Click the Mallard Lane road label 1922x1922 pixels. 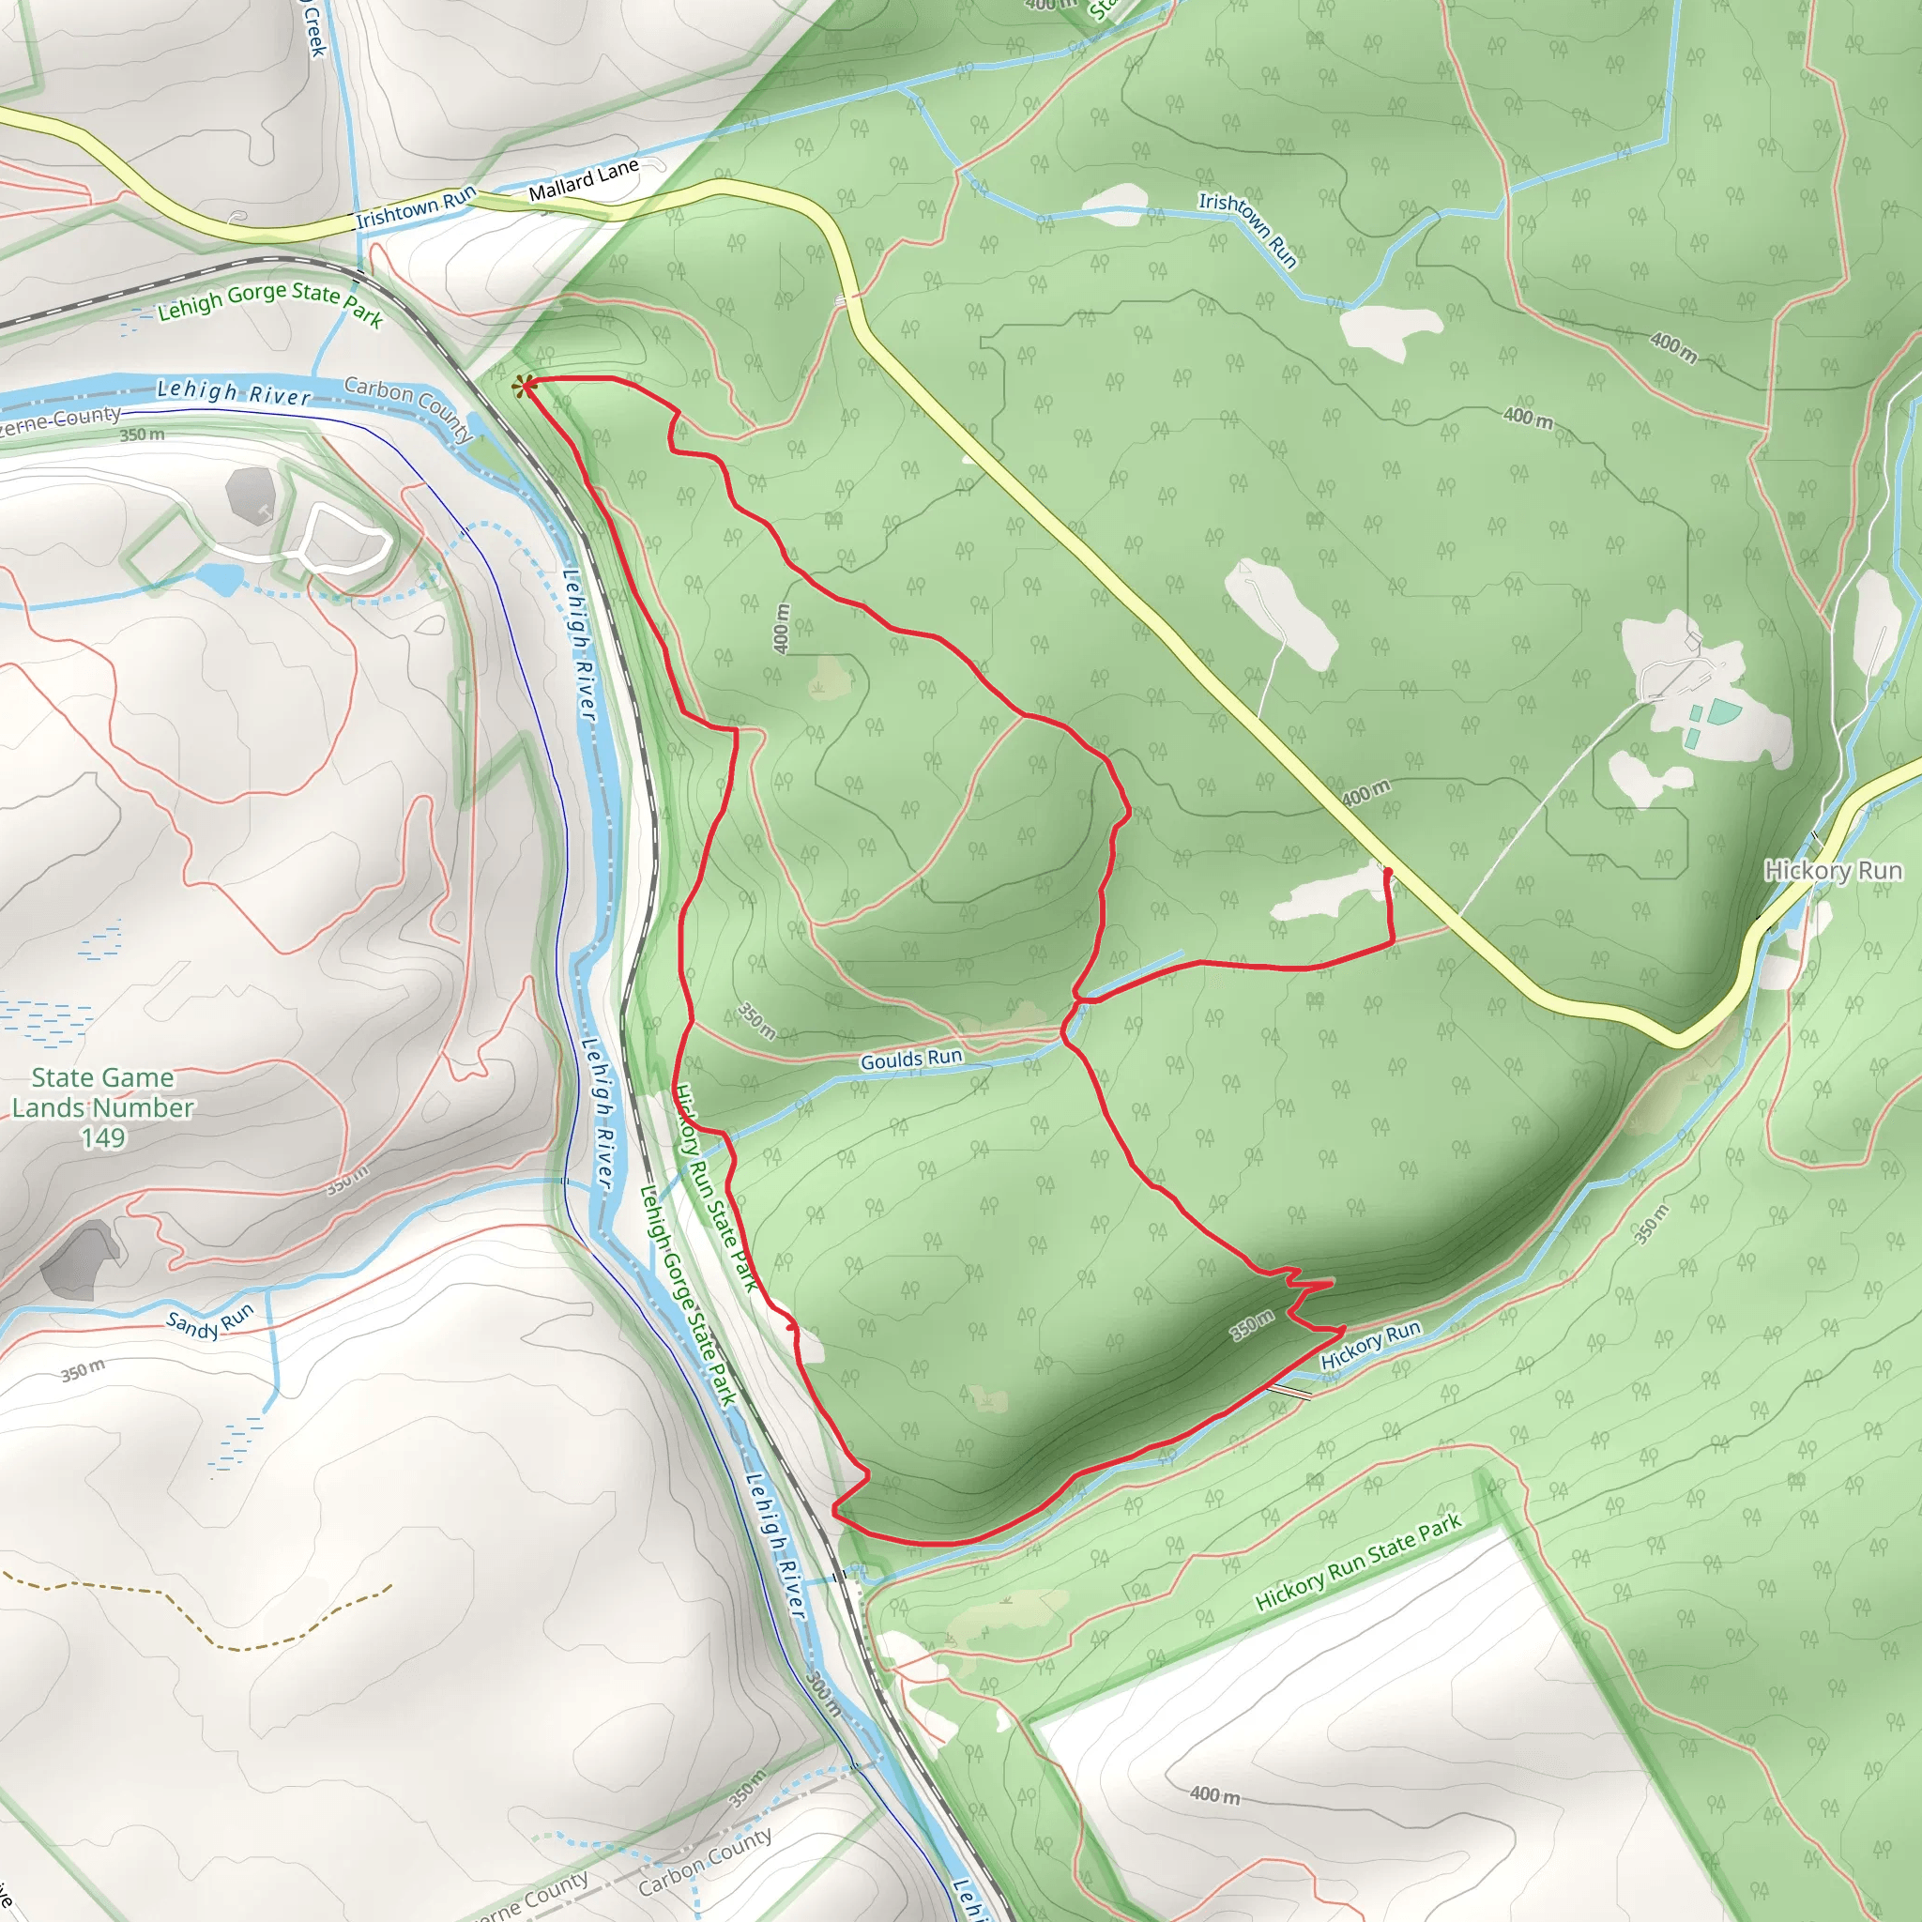click(583, 180)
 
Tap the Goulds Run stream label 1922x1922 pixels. click(911, 1060)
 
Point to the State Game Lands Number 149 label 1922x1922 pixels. click(102, 1107)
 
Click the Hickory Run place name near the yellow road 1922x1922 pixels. click(1833, 871)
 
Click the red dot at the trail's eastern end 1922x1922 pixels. click(1388, 872)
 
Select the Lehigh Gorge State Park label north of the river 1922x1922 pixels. click(269, 300)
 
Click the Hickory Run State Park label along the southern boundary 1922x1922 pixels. click(1358, 1561)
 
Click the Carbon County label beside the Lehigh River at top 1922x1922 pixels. click(409, 408)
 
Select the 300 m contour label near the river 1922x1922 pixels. click(824, 1694)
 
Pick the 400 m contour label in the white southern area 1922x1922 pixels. click(1214, 1794)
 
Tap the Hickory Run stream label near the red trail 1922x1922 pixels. click(1371, 1344)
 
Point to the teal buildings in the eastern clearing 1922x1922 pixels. click(1712, 723)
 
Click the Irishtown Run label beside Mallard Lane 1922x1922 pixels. click(416, 206)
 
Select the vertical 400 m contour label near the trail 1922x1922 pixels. click(782, 629)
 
